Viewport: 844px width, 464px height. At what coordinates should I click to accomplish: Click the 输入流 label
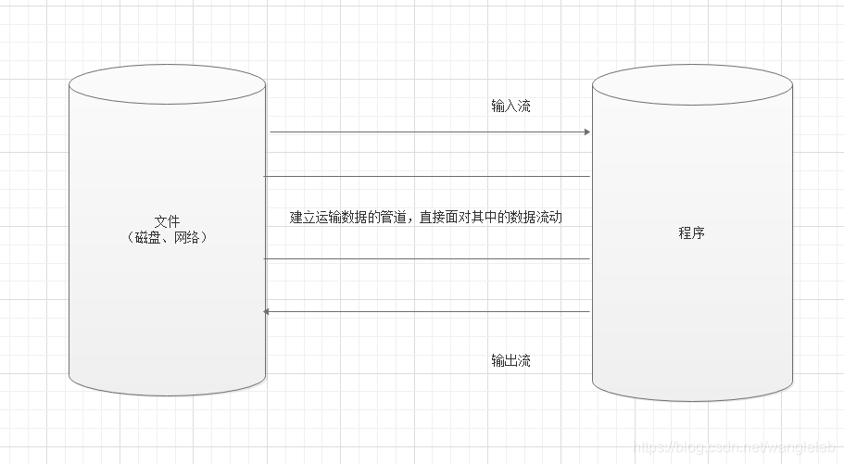[x=510, y=107]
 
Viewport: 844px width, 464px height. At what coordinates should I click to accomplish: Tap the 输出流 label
[x=510, y=360]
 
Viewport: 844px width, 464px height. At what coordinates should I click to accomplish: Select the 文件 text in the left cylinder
[x=167, y=221]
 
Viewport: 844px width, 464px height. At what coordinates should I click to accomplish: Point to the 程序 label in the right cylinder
[x=691, y=233]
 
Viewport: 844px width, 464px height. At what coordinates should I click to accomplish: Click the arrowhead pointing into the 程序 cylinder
[x=586, y=132]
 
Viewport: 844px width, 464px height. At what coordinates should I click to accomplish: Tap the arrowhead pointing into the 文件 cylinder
[x=269, y=312]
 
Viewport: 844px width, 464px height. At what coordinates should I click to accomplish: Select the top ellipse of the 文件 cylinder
[x=167, y=82]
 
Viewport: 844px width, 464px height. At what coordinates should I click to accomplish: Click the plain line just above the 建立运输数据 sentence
[x=426, y=176]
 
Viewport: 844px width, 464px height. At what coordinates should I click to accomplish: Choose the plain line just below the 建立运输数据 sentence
[x=426, y=259]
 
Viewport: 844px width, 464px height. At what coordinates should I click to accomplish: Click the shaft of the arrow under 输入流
[x=426, y=132]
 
